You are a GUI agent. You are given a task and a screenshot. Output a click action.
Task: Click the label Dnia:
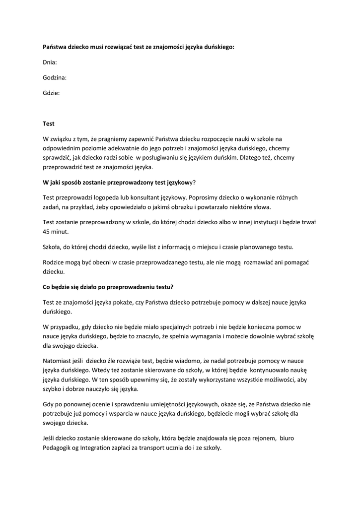(x=50, y=63)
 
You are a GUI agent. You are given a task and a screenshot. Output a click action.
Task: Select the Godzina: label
(x=55, y=77)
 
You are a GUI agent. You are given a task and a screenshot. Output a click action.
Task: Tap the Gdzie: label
(x=51, y=93)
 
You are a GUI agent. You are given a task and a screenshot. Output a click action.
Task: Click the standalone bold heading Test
(x=49, y=124)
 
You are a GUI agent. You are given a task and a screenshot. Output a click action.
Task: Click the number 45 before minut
(x=47, y=231)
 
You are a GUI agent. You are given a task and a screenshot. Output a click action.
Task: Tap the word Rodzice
(x=55, y=261)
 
